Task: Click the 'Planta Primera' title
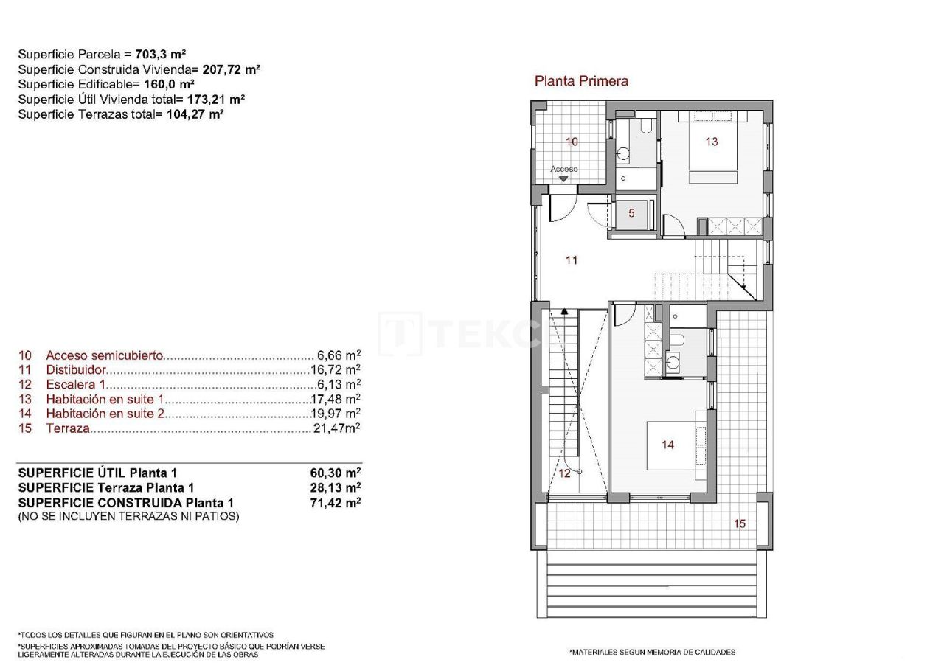click(x=581, y=81)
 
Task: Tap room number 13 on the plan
click(x=711, y=142)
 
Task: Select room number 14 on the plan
click(x=667, y=445)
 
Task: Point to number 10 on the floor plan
click(x=572, y=142)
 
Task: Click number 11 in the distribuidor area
click(x=572, y=260)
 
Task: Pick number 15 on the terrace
click(x=739, y=523)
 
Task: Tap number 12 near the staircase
click(x=564, y=473)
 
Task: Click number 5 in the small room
click(x=631, y=213)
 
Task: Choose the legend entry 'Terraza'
click(x=68, y=428)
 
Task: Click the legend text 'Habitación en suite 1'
click(x=104, y=399)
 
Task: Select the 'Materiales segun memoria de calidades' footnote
click(x=652, y=652)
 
